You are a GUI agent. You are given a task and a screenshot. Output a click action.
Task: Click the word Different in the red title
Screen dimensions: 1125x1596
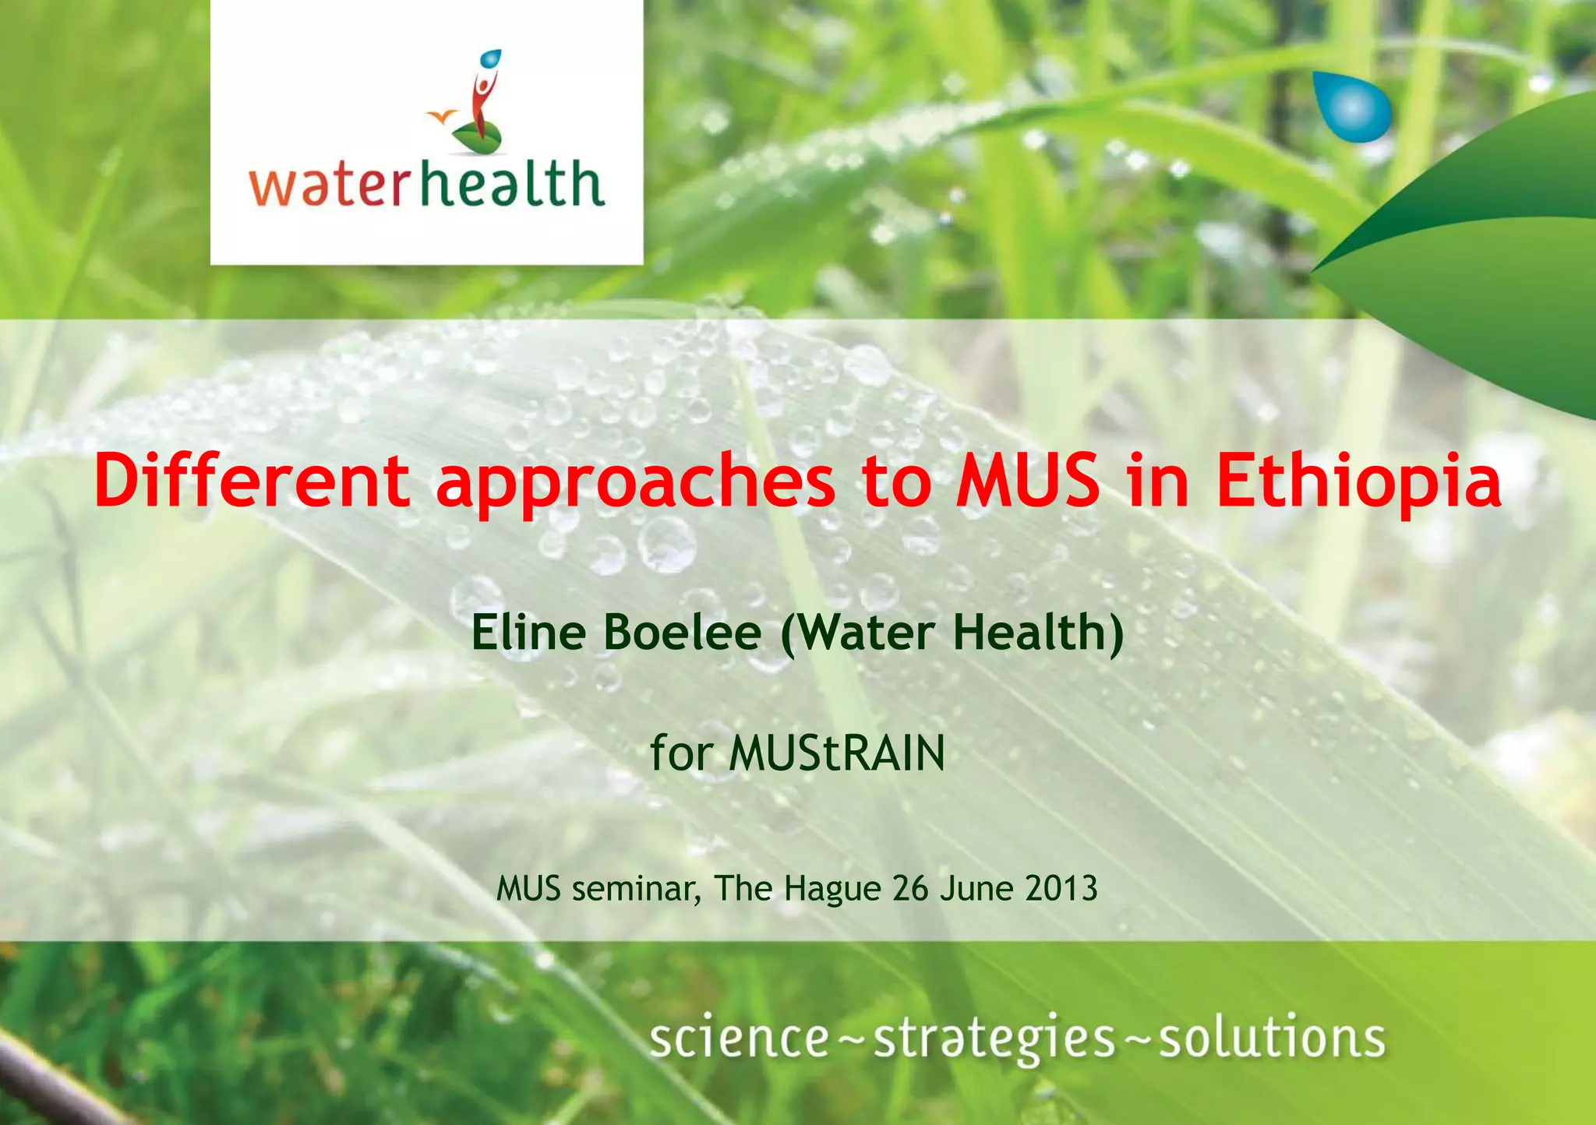pos(252,481)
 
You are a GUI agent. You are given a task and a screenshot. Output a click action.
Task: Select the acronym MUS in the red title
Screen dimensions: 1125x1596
pos(1028,481)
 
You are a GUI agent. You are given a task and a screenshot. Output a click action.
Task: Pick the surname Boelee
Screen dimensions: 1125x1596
pos(682,632)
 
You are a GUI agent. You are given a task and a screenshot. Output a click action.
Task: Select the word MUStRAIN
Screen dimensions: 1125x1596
pos(837,753)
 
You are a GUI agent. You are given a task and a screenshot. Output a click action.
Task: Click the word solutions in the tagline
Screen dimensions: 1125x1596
pos(1272,1039)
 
